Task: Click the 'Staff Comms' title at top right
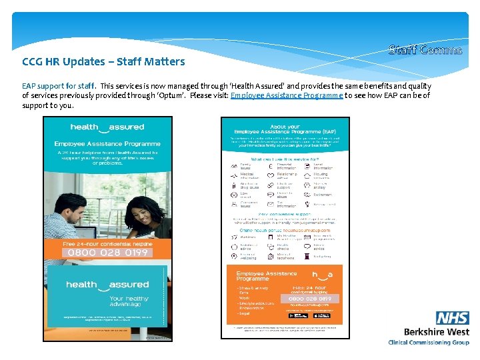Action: pyautogui.click(x=425, y=49)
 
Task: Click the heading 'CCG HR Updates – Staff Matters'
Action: pyautogui.click(x=103, y=62)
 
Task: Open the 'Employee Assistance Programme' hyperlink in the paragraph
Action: pyautogui.click(x=287, y=95)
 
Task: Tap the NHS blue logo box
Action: pyautogui.click(x=453, y=318)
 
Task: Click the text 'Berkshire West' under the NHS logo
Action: pyautogui.click(x=437, y=331)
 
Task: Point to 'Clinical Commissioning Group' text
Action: pyautogui.click(x=429, y=343)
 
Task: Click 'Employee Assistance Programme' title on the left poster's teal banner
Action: pyautogui.click(x=107, y=143)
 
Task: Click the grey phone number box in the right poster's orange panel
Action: pyautogui.click(x=310, y=299)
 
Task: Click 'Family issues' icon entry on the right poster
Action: pyautogui.click(x=243, y=166)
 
